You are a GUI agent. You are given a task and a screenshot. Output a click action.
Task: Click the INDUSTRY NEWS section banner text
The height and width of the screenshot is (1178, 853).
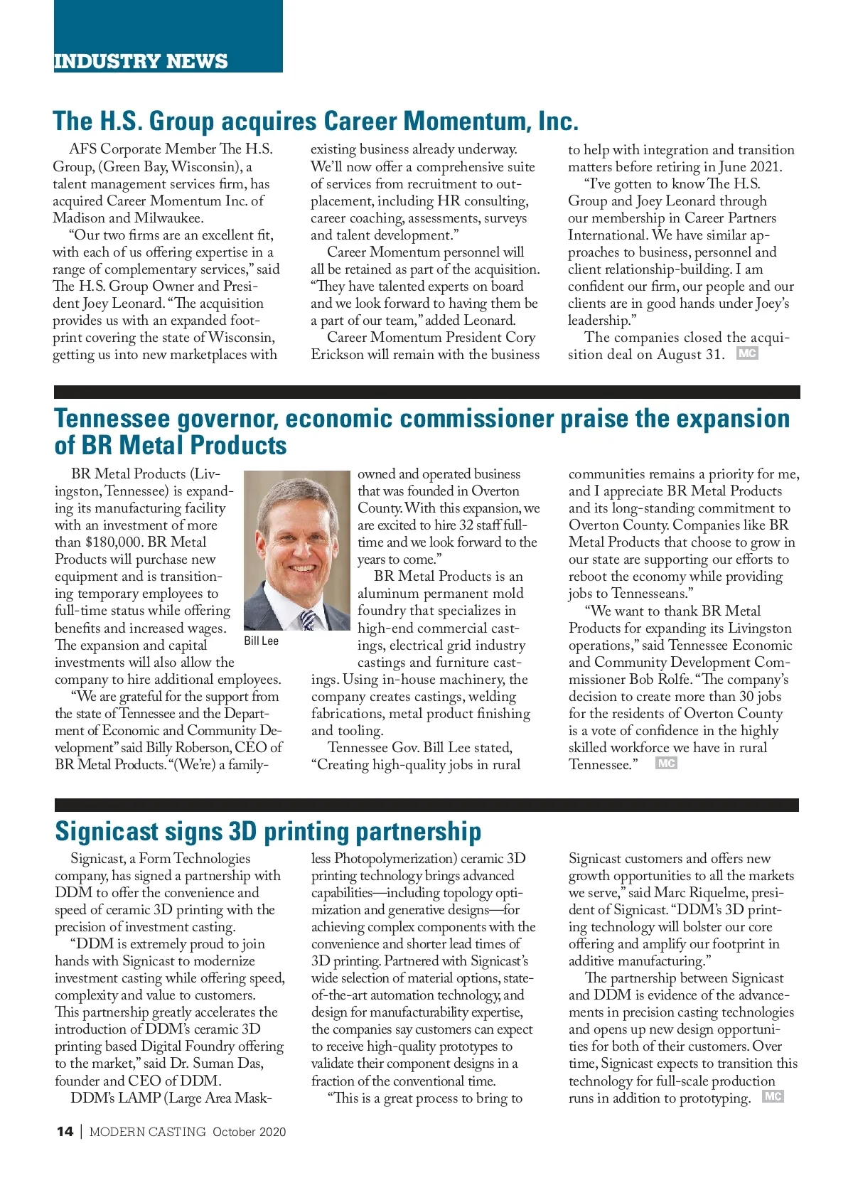pos(141,61)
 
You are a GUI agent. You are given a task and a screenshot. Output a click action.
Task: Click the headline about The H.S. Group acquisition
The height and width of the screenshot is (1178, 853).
pos(316,122)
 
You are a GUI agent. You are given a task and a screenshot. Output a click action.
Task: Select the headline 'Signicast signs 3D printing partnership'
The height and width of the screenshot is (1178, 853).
pos(268,831)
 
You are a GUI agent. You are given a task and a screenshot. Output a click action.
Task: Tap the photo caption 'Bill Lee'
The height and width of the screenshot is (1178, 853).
pos(261,641)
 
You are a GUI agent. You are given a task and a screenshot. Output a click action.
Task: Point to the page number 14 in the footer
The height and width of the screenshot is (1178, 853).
pos(64,1132)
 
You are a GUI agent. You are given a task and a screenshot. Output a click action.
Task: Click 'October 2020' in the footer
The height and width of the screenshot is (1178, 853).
pos(249,1132)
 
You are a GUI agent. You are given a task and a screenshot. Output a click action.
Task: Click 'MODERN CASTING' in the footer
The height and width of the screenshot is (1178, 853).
pos(147,1132)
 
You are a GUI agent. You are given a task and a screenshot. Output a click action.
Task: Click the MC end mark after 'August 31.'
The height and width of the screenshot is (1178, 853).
pos(747,353)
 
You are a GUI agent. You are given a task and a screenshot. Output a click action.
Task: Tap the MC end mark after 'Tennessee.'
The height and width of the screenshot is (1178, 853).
pos(666,763)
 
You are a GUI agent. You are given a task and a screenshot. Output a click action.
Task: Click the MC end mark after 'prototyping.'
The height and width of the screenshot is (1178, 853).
pos(773,1096)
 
